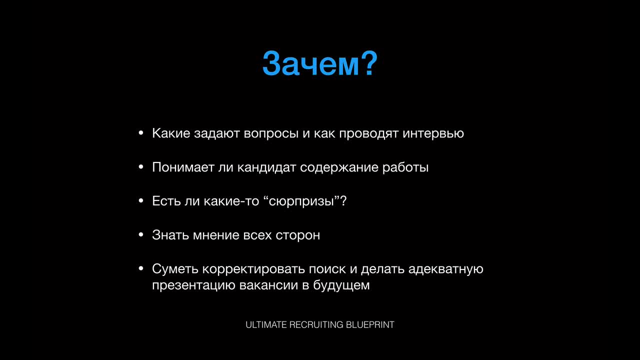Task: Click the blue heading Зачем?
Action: (320, 63)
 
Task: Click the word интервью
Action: (433, 133)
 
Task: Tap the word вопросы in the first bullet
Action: (271, 133)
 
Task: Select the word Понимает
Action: (183, 167)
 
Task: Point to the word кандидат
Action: (266, 167)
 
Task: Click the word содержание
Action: (339, 167)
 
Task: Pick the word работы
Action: (405, 167)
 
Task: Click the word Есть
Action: (166, 201)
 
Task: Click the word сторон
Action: (297, 235)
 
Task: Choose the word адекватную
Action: (445, 269)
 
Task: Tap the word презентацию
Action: (193, 285)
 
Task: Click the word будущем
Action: (341, 285)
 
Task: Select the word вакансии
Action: (268, 285)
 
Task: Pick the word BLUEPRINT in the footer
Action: (370, 325)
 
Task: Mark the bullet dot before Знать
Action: (141, 235)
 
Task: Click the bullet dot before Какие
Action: (141, 133)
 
